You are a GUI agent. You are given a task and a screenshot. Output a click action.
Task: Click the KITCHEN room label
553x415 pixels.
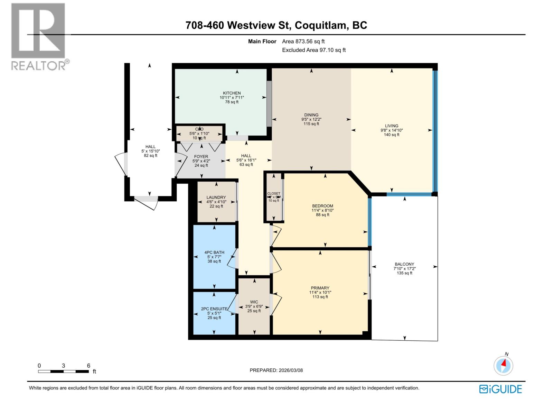[x=232, y=93]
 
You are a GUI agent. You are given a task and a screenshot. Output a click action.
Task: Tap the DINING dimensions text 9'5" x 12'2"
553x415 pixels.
[x=311, y=119]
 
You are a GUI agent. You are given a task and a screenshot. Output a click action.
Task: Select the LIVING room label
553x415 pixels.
[x=392, y=126]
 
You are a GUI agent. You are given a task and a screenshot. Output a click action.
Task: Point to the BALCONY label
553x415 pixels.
[x=404, y=264]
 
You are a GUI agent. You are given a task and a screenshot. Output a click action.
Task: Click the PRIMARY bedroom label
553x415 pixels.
[x=320, y=288]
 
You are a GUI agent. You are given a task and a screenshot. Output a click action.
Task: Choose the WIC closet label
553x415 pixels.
[x=254, y=302]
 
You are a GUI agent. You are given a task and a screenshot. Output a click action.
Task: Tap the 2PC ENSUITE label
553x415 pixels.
[x=214, y=309]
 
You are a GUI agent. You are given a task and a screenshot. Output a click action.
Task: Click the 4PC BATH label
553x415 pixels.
[x=214, y=252]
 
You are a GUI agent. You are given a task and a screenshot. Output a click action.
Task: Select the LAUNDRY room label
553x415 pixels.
[x=216, y=197]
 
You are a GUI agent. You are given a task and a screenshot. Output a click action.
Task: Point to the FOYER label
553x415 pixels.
[x=201, y=157]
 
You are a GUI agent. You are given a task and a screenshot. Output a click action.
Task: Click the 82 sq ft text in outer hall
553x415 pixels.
[x=150, y=156]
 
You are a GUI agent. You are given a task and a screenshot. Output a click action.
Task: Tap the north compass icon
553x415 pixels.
[x=504, y=365]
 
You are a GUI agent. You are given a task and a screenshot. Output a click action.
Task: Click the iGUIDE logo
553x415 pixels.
[x=500, y=389]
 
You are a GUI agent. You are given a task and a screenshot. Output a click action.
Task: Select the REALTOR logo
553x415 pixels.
[x=39, y=36]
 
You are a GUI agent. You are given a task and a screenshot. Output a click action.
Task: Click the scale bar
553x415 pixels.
[x=63, y=371]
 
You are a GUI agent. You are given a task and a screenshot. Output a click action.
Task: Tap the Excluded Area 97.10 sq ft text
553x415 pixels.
[x=314, y=50]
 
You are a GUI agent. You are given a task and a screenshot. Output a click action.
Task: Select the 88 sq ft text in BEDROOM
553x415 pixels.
[x=322, y=215]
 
